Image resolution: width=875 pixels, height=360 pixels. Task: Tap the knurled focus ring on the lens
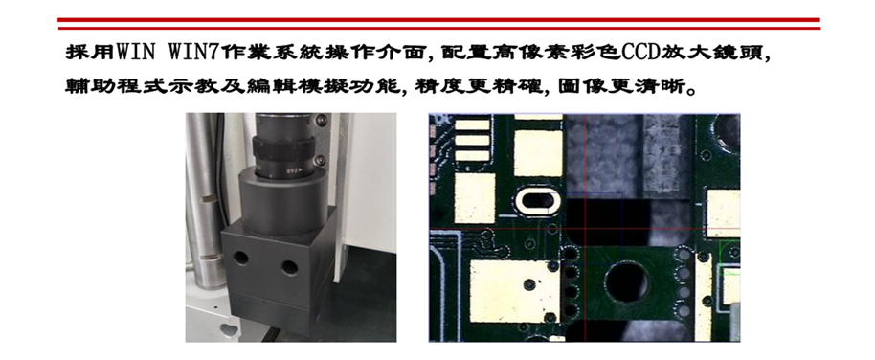283,148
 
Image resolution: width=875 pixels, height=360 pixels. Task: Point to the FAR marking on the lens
288,170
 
